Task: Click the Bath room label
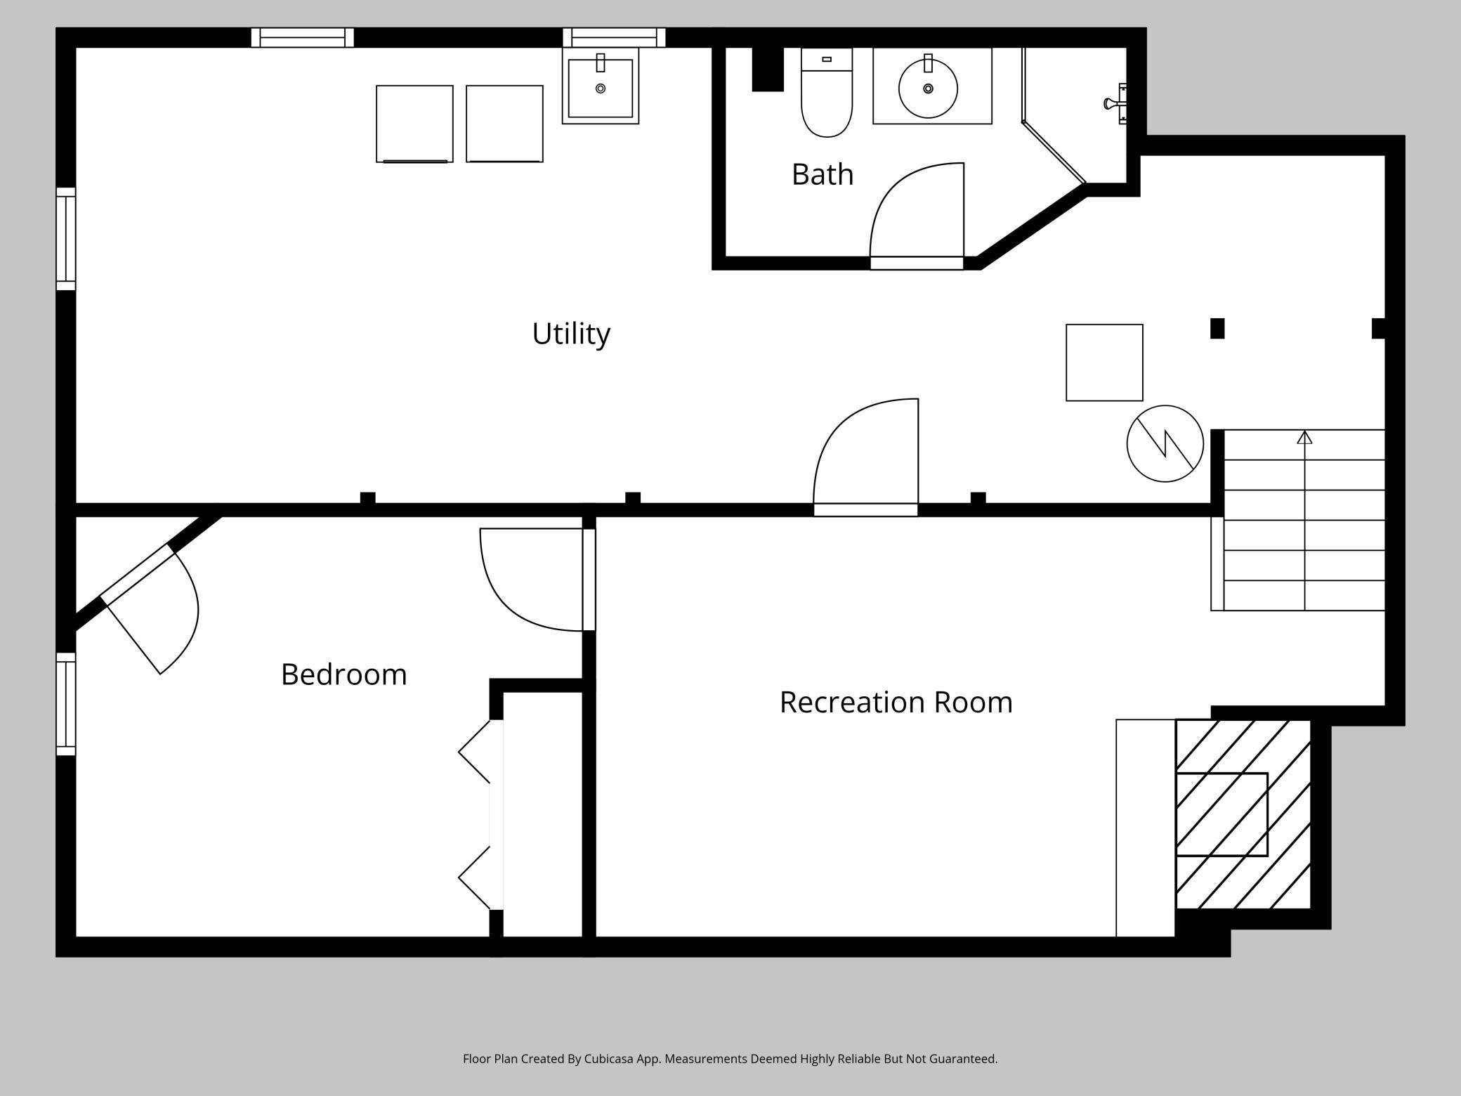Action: [823, 174]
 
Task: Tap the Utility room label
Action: [571, 334]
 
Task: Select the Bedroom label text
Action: [344, 674]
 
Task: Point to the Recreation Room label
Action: [896, 703]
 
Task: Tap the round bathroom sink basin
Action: [929, 89]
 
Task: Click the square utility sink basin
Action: [601, 88]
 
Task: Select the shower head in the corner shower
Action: [1115, 104]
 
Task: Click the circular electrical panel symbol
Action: [1165, 443]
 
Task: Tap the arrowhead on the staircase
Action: [1304, 437]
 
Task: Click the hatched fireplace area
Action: [1243, 814]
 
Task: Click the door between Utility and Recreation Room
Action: [866, 457]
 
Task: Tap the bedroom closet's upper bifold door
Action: [475, 752]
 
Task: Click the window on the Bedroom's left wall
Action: [66, 704]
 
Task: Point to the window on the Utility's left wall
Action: [66, 239]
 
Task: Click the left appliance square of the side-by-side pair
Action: [414, 124]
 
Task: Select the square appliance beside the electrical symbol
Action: [1104, 363]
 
